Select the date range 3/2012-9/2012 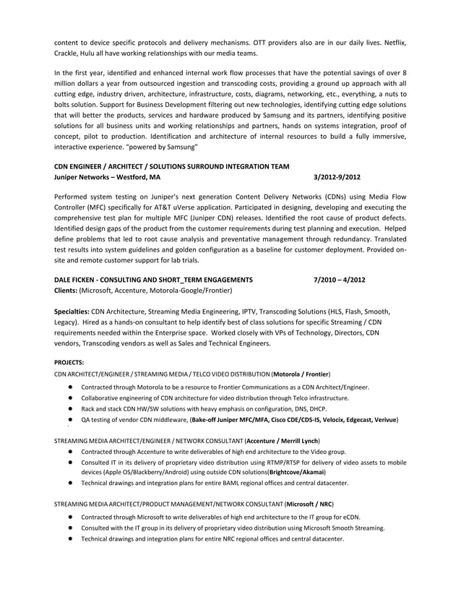(337, 176)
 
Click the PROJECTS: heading (69, 362)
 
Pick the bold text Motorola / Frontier (302, 374)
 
